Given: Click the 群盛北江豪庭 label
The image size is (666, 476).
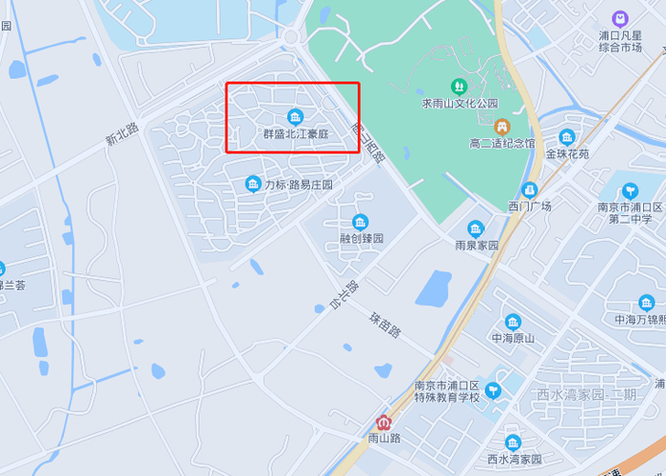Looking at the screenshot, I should [x=295, y=134].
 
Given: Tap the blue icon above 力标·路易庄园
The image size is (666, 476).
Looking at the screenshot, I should [x=253, y=183].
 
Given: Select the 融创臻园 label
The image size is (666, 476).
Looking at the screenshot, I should [x=361, y=239].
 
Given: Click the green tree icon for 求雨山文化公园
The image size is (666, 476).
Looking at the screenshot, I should [x=460, y=87].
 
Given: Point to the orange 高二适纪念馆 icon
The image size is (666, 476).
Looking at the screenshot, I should [x=501, y=126].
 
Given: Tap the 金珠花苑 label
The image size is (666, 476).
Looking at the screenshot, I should [x=567, y=153].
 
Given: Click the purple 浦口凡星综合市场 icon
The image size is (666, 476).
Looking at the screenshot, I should [x=619, y=18].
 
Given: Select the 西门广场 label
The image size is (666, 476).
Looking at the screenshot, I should [x=529, y=207].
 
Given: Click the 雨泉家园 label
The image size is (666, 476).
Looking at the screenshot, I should [x=476, y=245].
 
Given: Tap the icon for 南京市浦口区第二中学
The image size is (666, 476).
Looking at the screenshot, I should [x=630, y=191].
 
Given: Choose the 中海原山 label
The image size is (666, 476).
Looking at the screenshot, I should [x=513, y=338].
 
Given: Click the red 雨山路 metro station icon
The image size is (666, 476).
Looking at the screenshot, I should [x=383, y=423].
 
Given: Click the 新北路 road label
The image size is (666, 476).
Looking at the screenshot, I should [x=122, y=135].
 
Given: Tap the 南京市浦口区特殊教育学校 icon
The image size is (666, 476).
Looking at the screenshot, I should [x=493, y=390].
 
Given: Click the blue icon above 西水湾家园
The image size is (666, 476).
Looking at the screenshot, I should [x=513, y=443].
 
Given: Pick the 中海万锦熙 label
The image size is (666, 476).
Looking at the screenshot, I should [x=639, y=320].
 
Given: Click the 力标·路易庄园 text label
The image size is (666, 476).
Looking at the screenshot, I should [x=299, y=185].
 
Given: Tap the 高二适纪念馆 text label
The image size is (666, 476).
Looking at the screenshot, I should [x=502, y=144].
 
